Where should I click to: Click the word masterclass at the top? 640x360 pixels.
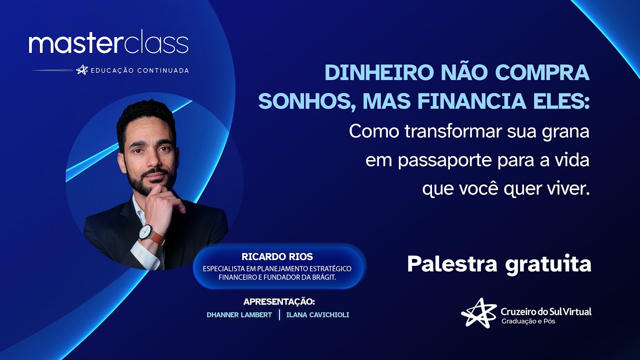[108, 44]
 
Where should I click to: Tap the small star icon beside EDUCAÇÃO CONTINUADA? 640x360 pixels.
[81, 70]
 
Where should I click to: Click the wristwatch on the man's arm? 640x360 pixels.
[145, 232]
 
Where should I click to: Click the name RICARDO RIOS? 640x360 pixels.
[277, 257]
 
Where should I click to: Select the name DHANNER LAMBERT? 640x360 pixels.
[239, 315]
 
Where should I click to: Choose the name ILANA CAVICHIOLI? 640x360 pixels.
[317, 315]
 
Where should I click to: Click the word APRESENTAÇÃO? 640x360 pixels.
[279, 301]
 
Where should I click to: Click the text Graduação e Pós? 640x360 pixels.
[528, 321]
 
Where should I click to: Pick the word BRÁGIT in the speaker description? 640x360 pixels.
[322, 277]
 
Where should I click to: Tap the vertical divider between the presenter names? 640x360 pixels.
[279, 315]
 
